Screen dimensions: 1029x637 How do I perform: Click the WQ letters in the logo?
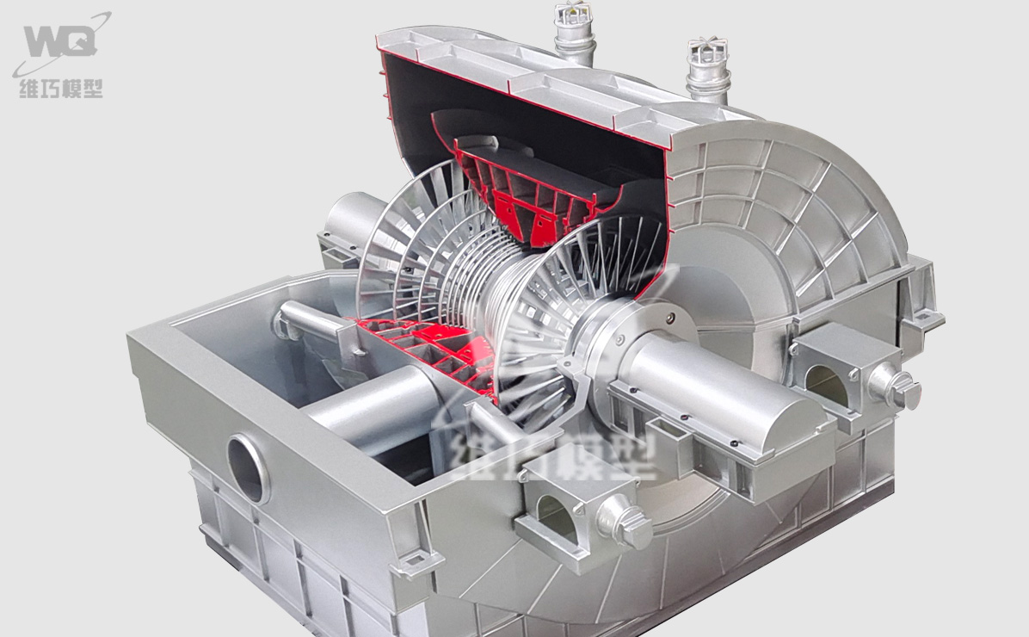pyautogui.click(x=60, y=41)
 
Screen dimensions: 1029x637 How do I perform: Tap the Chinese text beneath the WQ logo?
pyautogui.click(x=61, y=88)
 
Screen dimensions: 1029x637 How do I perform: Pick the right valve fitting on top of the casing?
pyautogui.click(x=708, y=71)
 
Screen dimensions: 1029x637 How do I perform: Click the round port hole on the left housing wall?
pyautogui.click(x=248, y=468)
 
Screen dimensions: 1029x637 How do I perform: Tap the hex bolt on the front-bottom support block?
pyautogui.click(x=625, y=522)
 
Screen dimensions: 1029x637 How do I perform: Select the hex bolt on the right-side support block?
pyautogui.click(x=895, y=387)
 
